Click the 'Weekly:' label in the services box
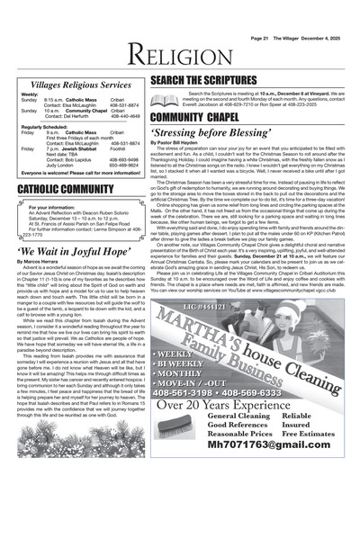[x=31, y=94]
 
